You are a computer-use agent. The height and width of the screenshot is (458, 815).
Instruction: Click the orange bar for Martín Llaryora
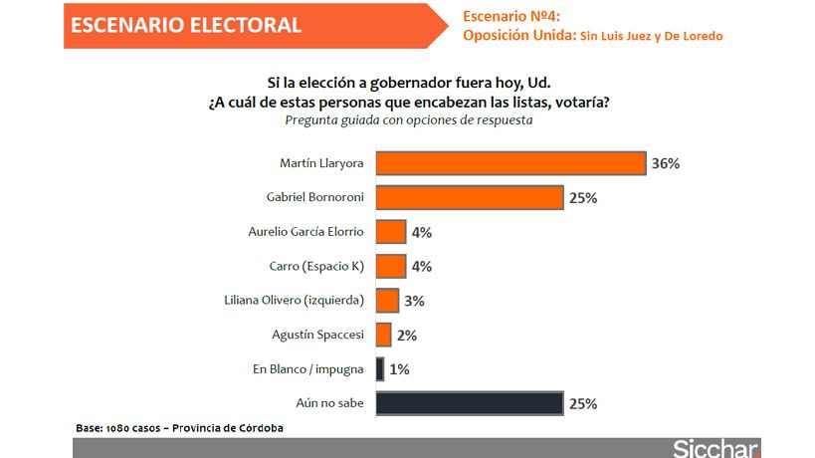click(511, 163)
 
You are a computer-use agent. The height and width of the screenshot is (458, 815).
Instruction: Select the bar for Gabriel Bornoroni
click(470, 197)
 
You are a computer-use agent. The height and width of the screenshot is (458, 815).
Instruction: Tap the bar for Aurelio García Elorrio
click(391, 232)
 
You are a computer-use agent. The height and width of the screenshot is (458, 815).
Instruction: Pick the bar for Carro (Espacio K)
click(391, 266)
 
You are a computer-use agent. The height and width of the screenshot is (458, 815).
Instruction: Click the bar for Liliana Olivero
click(387, 301)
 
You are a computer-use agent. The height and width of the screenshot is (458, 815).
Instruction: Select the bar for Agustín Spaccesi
click(384, 336)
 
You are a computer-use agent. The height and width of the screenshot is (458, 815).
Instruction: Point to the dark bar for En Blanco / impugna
click(380, 369)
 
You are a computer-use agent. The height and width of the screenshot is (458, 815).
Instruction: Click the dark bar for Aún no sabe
click(470, 404)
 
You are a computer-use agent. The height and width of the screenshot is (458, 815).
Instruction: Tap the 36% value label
click(665, 163)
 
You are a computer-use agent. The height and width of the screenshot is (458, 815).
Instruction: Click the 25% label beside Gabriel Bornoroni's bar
click(582, 198)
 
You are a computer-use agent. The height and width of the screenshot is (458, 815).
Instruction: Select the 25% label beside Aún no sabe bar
click(582, 404)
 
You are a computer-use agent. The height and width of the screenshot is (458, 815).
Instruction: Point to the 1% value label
click(399, 369)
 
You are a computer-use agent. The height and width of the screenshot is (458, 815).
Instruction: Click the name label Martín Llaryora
click(322, 162)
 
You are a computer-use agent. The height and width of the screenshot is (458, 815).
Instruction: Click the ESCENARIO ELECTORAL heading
click(186, 25)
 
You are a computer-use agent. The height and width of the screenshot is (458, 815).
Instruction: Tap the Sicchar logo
click(716, 447)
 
